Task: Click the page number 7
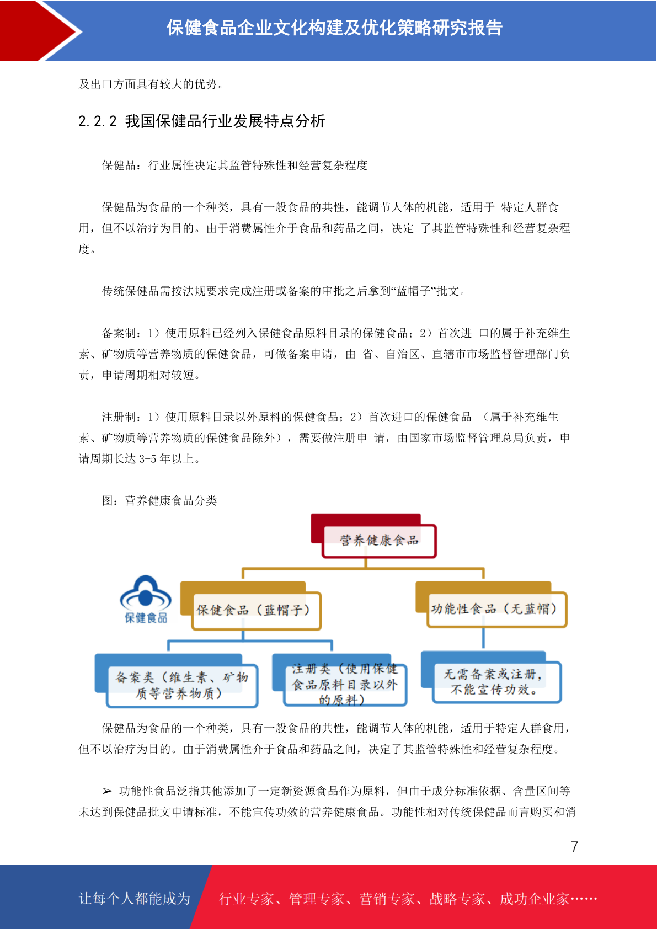click(x=574, y=846)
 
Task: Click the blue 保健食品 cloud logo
click(x=146, y=599)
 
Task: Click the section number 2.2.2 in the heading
click(x=98, y=121)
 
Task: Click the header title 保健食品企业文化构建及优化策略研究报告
click(x=334, y=28)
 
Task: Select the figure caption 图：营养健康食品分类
click(x=159, y=500)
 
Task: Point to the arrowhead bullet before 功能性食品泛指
click(x=107, y=791)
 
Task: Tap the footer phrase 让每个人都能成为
click(x=135, y=898)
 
